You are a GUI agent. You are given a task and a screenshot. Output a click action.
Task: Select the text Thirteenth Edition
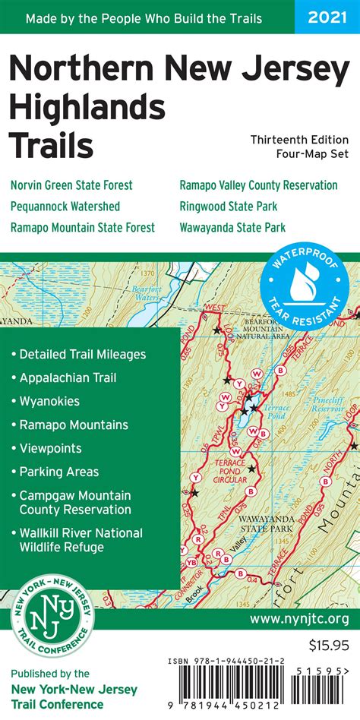coord(300,140)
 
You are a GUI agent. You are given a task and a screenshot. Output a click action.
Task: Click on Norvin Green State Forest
coord(71,185)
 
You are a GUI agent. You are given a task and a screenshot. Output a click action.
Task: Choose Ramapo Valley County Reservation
coord(258,185)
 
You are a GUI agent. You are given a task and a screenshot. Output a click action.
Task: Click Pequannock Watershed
coord(65,206)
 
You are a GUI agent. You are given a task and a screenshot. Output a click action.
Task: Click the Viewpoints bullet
coord(50,449)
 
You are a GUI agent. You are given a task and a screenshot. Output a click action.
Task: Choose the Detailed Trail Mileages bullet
coord(82,354)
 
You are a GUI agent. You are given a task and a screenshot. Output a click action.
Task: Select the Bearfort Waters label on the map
coord(146,292)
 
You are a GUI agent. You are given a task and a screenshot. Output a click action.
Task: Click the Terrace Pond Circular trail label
coord(229,469)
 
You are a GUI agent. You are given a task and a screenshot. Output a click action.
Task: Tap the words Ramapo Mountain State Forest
coord(83,227)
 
